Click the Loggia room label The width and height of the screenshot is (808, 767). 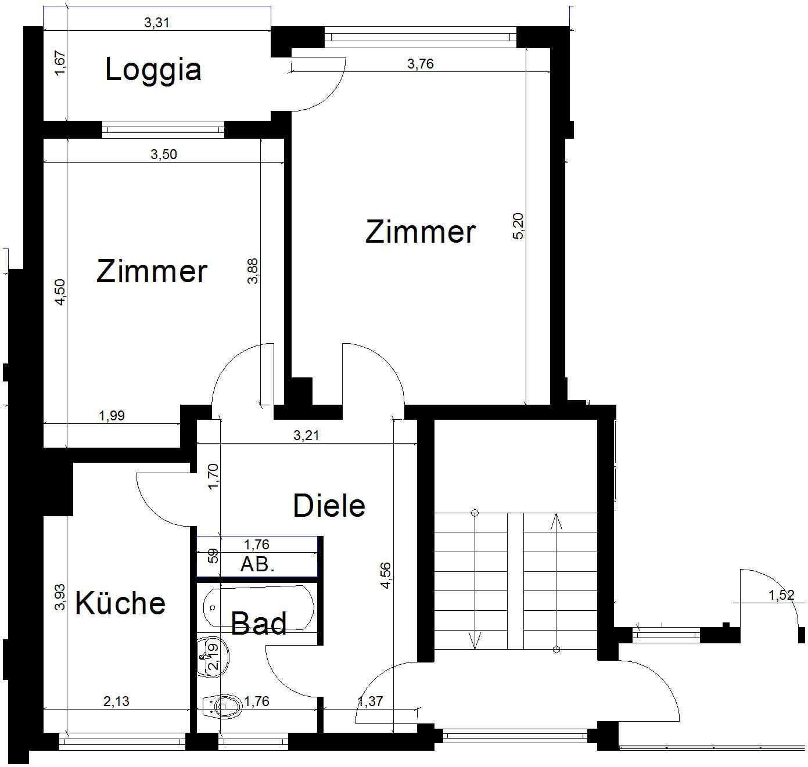click(x=153, y=70)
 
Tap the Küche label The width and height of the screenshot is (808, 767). click(x=120, y=603)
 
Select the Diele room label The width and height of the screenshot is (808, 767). click(x=329, y=506)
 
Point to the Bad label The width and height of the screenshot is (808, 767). click(x=258, y=624)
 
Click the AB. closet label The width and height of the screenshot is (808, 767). click(x=257, y=564)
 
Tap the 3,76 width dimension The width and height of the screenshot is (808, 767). click(x=421, y=64)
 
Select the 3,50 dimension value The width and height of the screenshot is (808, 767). click(x=164, y=154)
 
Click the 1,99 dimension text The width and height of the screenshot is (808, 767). click(x=112, y=416)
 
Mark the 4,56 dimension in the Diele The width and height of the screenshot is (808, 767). click(x=386, y=576)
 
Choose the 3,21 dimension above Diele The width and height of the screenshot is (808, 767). click(x=306, y=435)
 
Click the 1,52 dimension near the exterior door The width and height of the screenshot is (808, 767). click(x=781, y=595)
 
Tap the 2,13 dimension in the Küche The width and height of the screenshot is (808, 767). click(x=116, y=701)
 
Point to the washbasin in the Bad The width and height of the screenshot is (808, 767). click(x=213, y=657)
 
